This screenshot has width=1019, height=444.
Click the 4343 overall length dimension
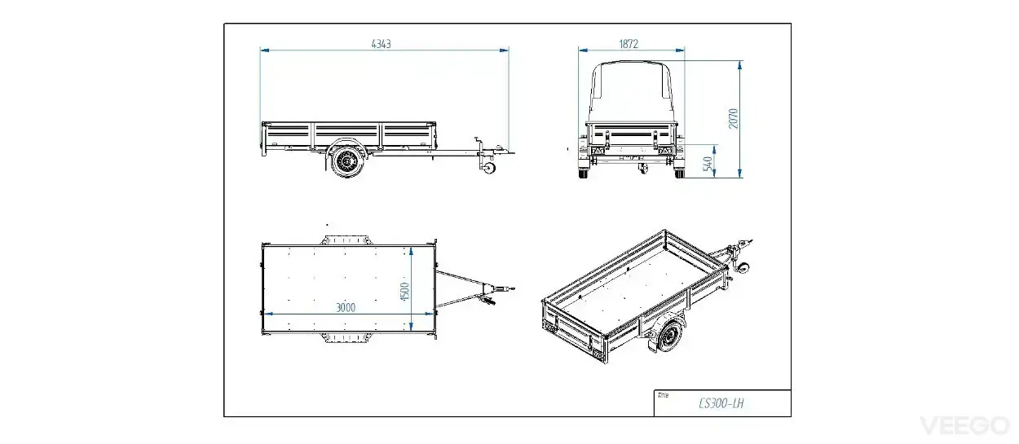coord(382,44)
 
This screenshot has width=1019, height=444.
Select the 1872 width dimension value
coord(629,44)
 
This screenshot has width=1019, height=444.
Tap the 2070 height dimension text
coord(734,119)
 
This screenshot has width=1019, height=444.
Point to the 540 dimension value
coord(708,164)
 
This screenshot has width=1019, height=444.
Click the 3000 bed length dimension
coord(346,308)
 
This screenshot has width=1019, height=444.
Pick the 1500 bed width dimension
coord(405,292)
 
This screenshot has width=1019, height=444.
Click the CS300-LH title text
coord(721,403)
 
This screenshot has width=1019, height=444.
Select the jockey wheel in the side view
coord(489,168)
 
